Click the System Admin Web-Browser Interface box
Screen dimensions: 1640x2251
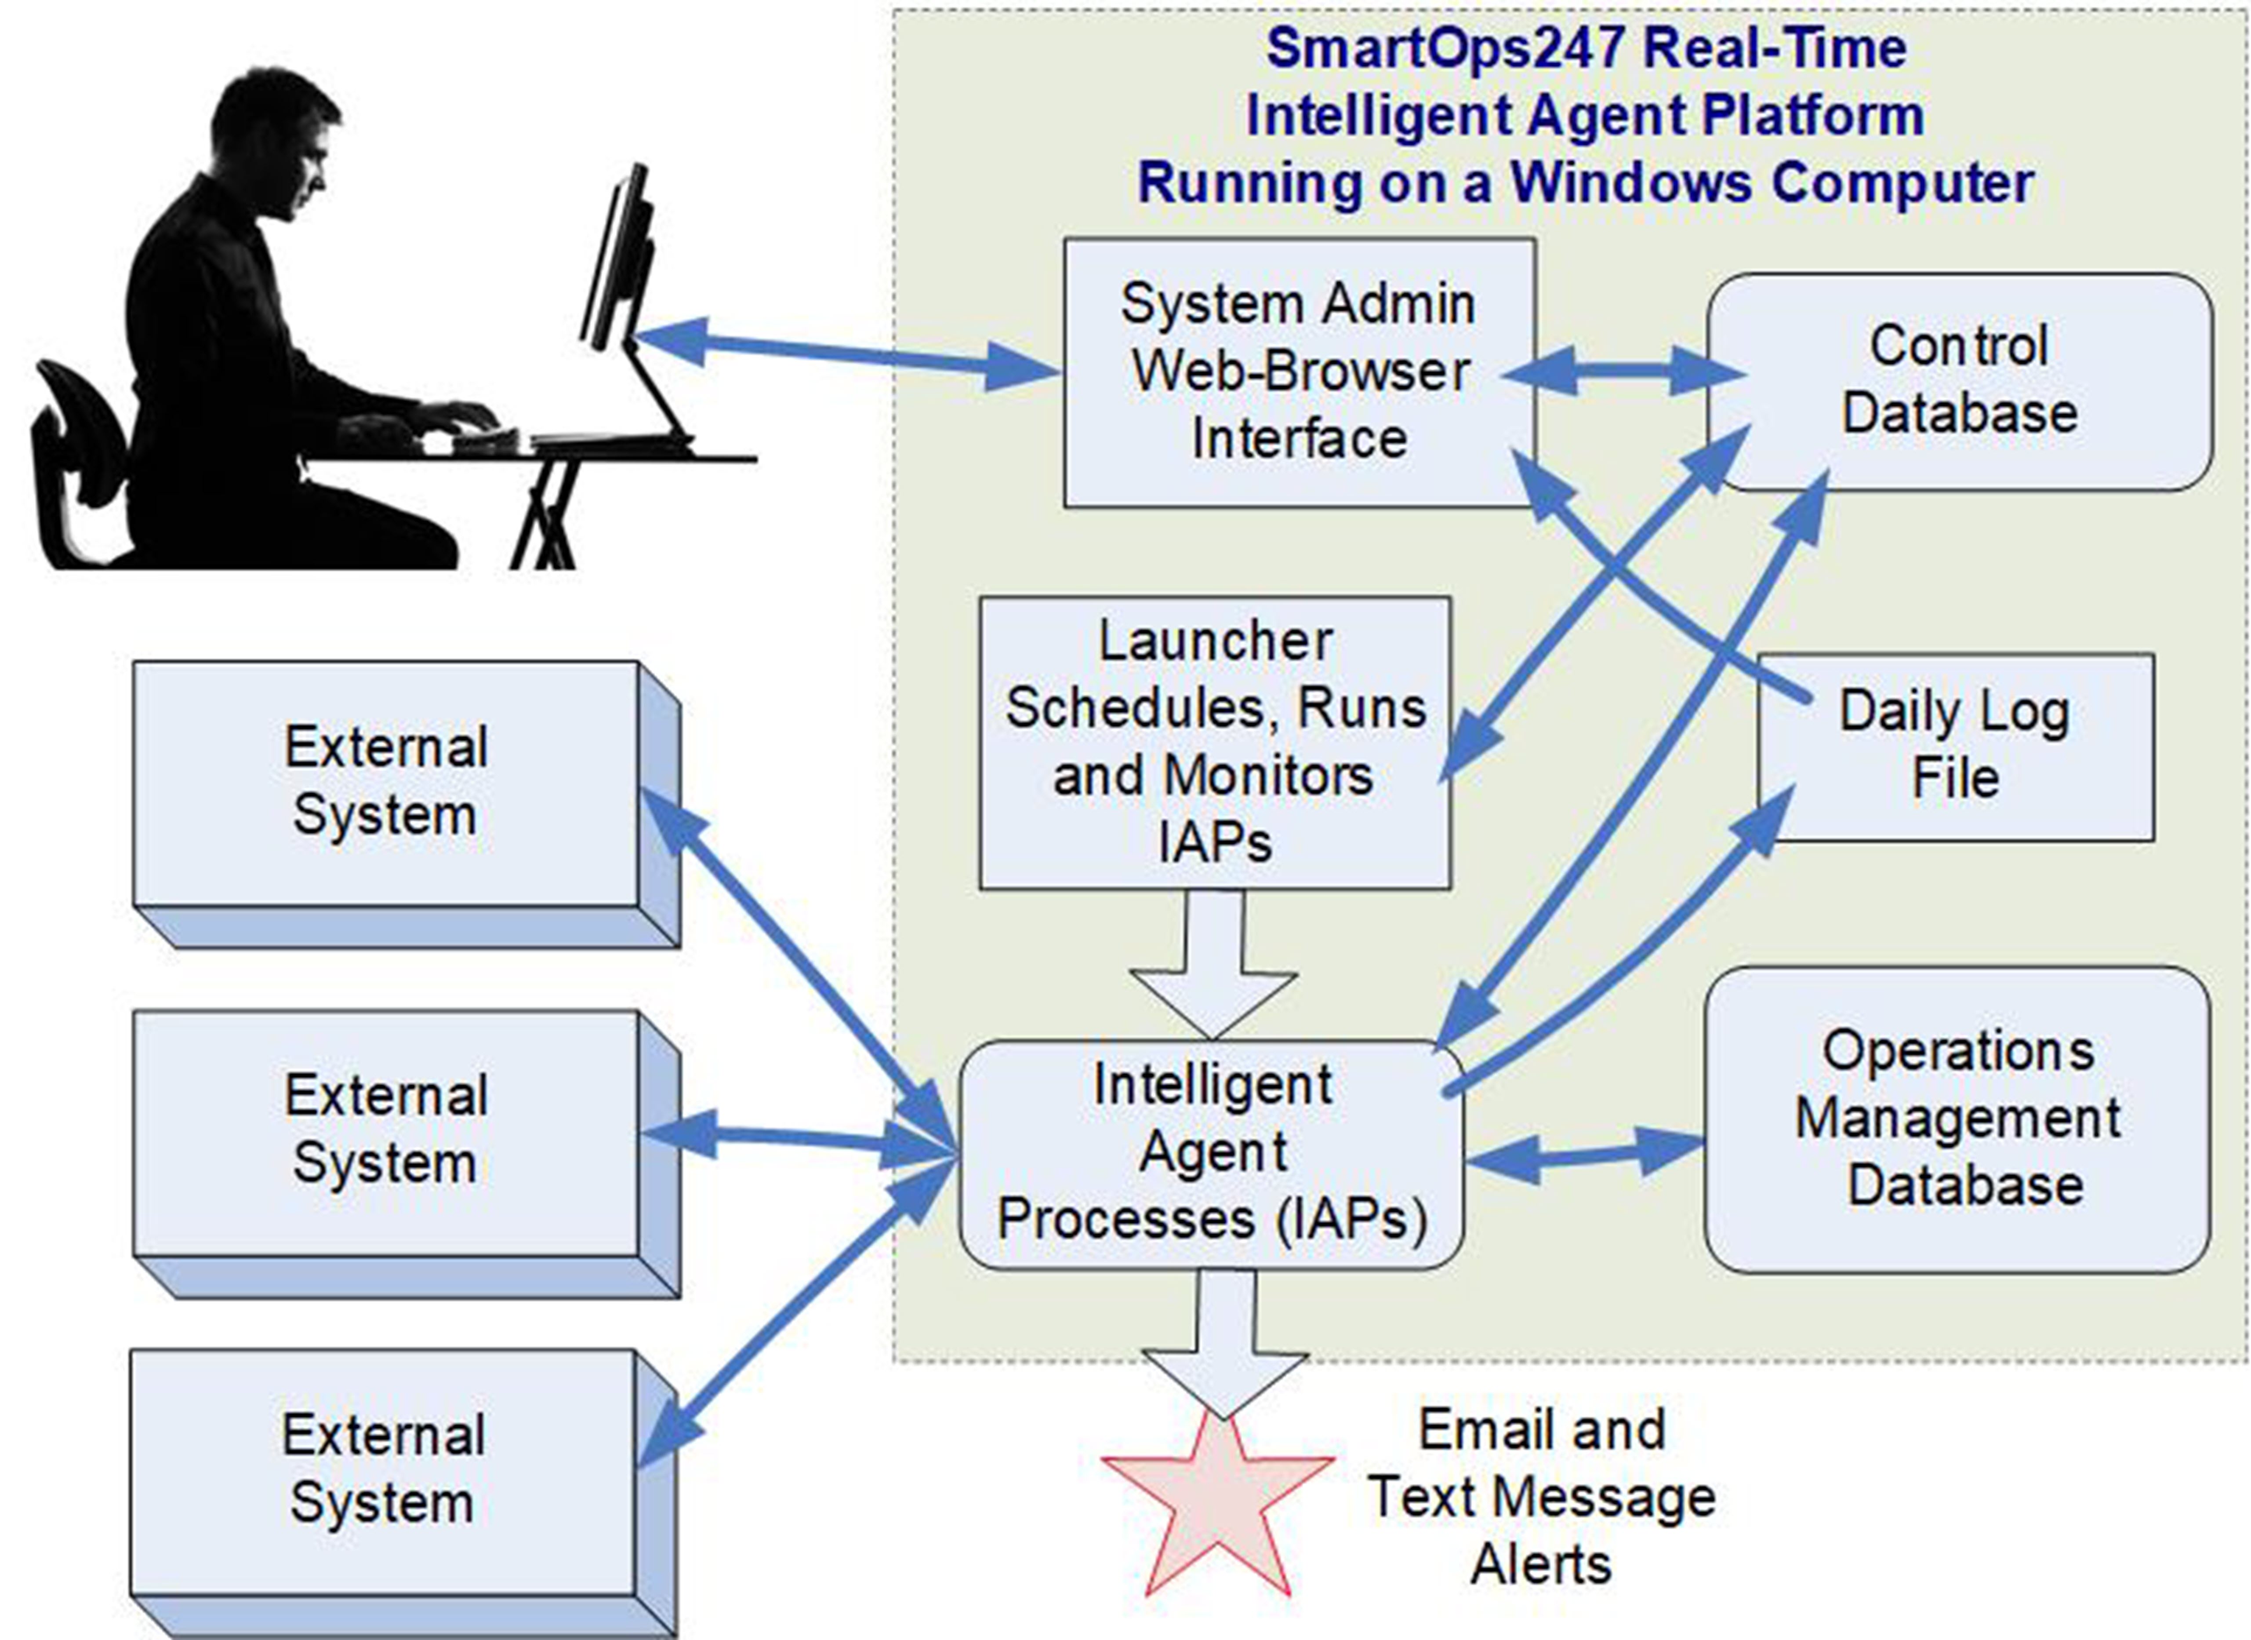click(1298, 372)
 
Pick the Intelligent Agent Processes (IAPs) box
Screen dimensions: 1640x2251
click(1211, 1154)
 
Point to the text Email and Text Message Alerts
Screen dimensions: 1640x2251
click(1541, 1497)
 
